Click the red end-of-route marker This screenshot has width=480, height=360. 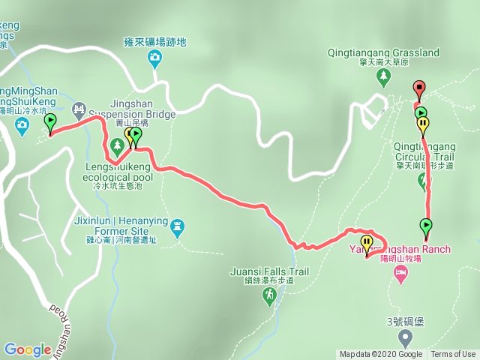tap(418, 88)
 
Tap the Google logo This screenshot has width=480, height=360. tap(27, 349)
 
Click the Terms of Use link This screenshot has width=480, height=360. tap(453, 355)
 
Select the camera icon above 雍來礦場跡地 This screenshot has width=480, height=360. tap(155, 58)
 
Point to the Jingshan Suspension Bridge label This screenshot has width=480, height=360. tap(132, 109)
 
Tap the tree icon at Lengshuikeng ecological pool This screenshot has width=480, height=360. tap(117, 144)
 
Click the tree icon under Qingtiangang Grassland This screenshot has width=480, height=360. tap(383, 76)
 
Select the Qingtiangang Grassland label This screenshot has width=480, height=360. tap(383, 53)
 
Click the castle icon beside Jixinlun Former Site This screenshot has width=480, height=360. tap(177, 225)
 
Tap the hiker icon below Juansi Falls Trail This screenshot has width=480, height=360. tap(269, 297)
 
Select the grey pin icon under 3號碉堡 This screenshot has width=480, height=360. tap(405, 337)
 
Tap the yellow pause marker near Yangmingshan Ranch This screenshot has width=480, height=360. tap(367, 242)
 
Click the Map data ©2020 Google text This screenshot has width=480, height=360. tap(380, 355)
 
